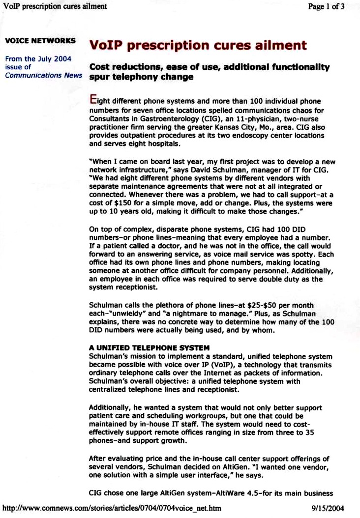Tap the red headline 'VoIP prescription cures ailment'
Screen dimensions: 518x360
point(198,46)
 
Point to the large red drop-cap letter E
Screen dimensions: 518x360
point(92,98)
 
